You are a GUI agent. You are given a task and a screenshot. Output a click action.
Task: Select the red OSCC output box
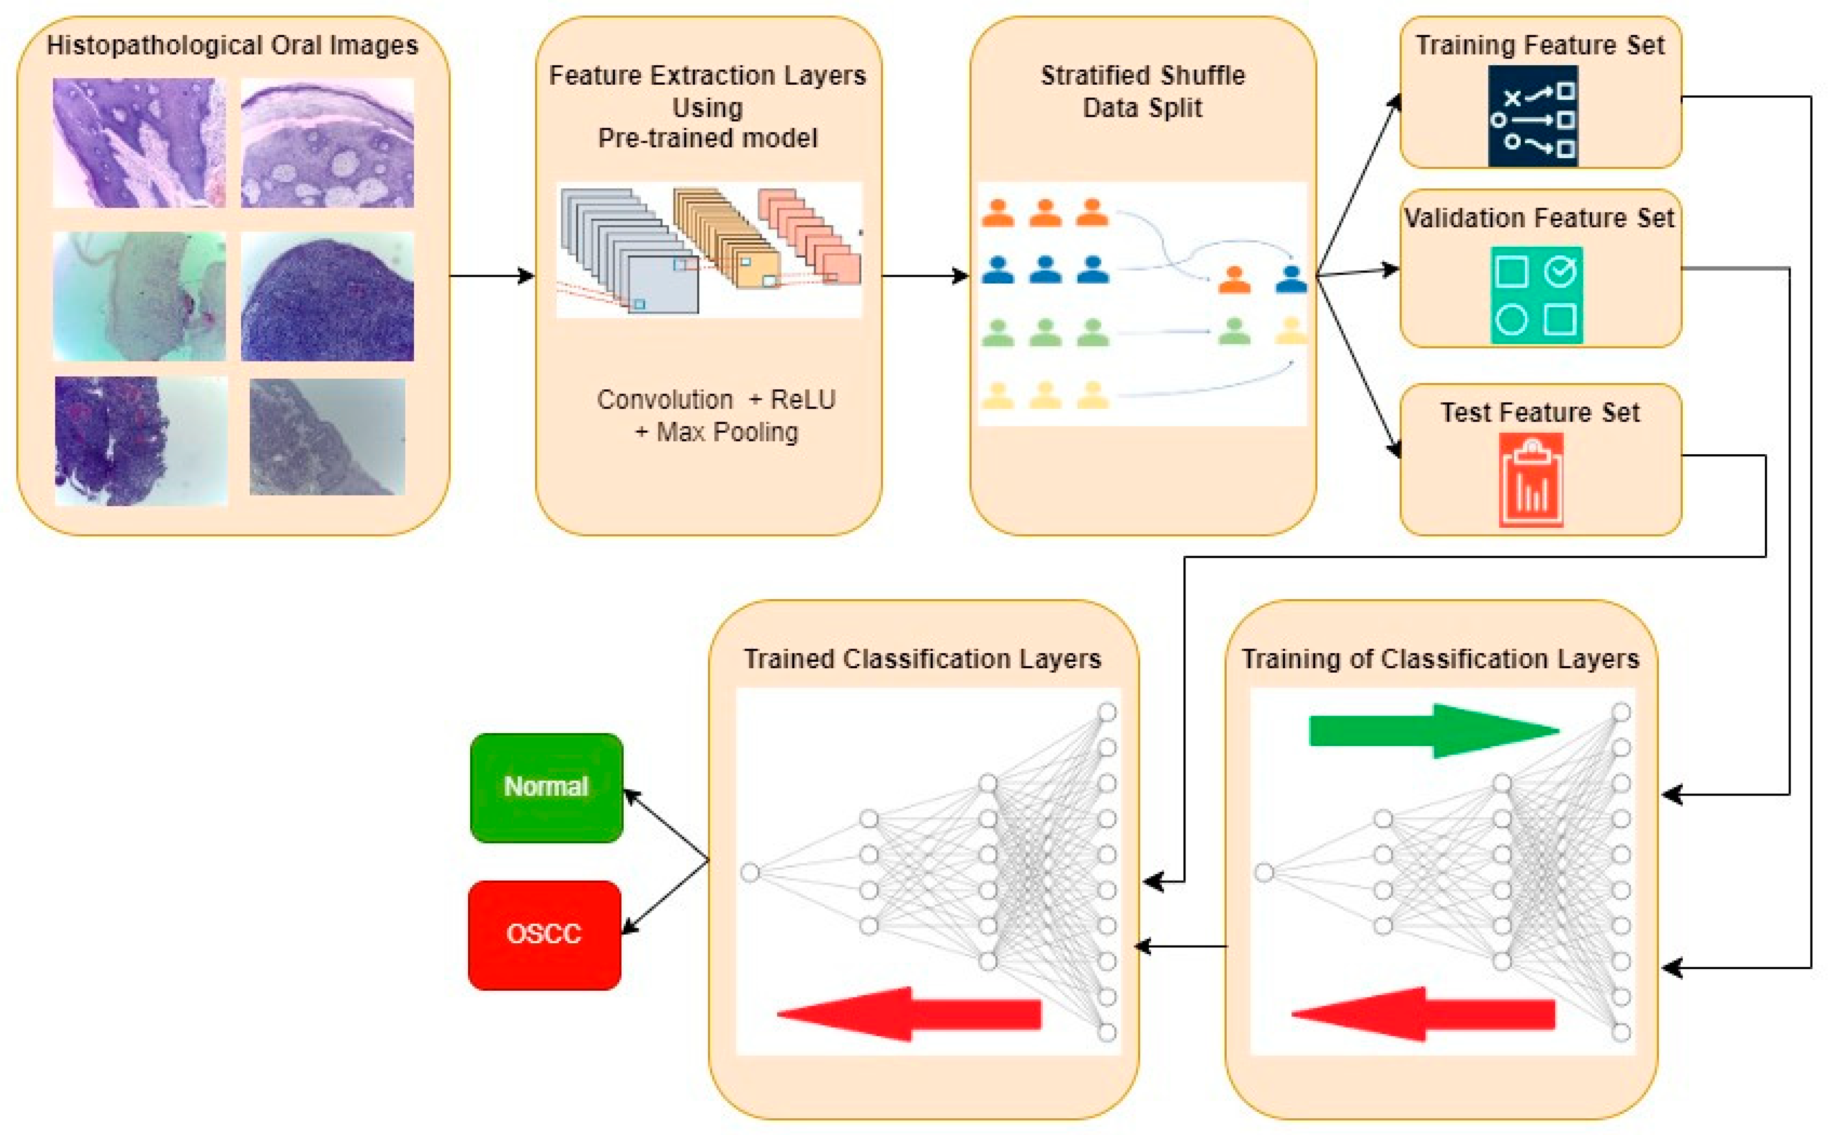point(544,935)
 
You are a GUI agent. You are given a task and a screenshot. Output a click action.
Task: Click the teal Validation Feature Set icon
point(1536,295)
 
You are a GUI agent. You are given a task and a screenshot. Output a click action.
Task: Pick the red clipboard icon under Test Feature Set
point(1531,480)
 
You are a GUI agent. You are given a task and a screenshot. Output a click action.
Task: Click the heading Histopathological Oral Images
point(232,45)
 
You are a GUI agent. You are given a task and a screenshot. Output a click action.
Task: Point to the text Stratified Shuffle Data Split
point(1142,92)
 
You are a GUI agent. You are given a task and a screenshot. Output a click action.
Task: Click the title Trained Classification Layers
point(922,659)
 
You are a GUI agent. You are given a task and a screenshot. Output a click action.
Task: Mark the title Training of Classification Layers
point(1440,659)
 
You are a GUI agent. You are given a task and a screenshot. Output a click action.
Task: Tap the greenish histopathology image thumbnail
point(139,297)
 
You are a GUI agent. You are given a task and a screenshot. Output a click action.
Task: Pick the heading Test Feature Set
point(1540,412)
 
